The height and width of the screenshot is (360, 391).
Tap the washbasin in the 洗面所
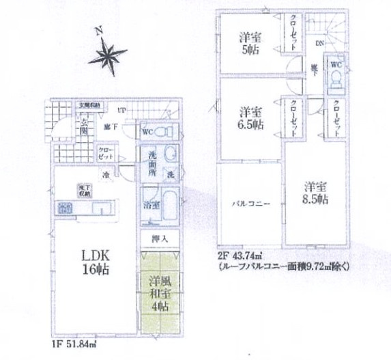(x=171, y=154)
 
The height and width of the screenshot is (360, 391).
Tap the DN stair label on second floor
(x=319, y=44)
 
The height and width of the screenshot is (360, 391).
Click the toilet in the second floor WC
(x=335, y=79)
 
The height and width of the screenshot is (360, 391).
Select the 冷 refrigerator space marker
(x=107, y=175)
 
